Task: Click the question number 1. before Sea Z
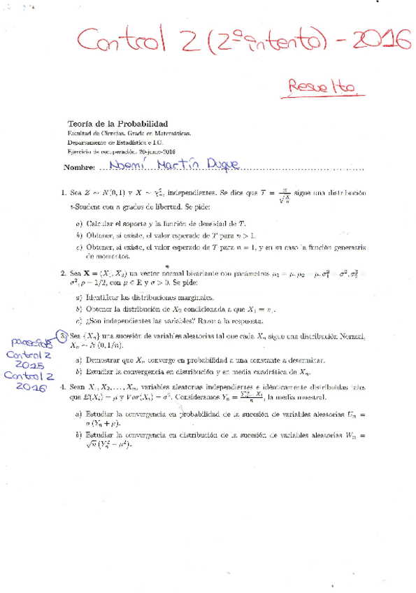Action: (63, 192)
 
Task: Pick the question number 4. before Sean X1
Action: (63, 385)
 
